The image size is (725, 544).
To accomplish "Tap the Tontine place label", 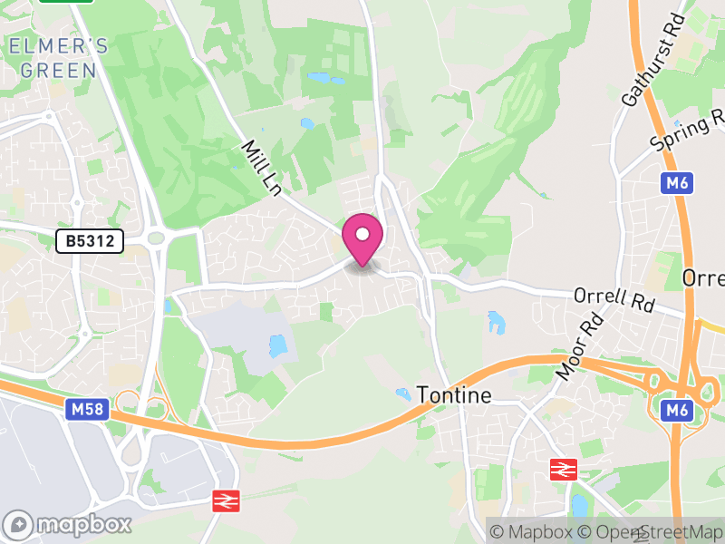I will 454,394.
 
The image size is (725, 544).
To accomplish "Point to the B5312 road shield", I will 89,241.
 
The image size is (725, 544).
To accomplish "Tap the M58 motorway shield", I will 88,410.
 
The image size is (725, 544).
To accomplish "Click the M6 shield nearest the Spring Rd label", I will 676,183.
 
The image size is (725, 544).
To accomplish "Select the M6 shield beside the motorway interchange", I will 676,411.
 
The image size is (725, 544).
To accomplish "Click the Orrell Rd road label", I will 614,300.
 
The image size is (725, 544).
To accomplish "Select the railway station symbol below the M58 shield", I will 224,500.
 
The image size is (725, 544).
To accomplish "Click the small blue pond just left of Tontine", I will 401,393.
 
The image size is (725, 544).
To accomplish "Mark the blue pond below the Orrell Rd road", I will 496,321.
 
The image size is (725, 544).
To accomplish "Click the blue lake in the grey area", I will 277,345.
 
